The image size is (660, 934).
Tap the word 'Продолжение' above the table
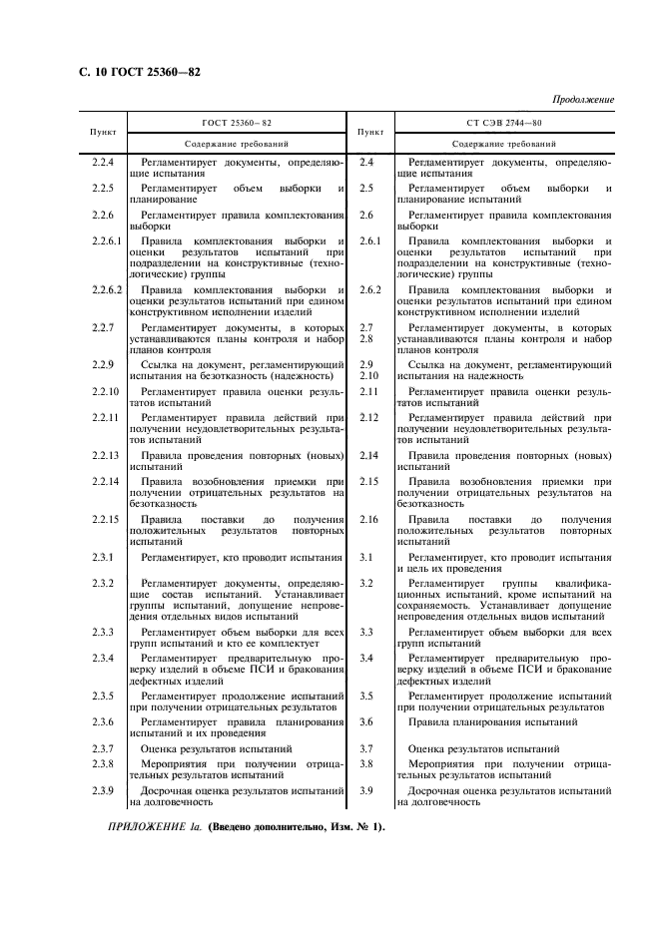(x=581, y=100)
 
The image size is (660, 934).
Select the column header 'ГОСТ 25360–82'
(x=237, y=123)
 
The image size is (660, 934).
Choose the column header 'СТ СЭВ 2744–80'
(x=504, y=123)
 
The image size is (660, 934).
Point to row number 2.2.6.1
(x=106, y=241)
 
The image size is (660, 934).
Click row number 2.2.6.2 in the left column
(x=106, y=289)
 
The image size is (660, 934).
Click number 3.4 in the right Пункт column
(x=366, y=659)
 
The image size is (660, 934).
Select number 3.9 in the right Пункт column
(x=366, y=790)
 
